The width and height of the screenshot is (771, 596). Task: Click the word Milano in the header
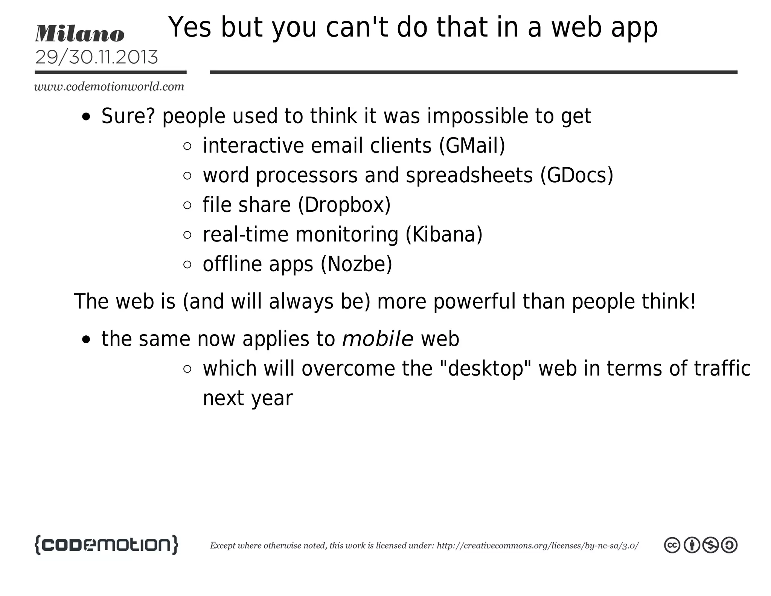coord(79,34)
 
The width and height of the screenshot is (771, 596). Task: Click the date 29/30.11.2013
coord(96,57)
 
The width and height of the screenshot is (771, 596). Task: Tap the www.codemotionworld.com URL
coord(109,87)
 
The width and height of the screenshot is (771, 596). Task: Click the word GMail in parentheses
coord(472,146)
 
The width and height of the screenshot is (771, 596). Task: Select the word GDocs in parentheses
coord(576,176)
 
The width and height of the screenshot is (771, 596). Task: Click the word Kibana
coord(444,235)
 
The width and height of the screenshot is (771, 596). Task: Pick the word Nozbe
coord(356,264)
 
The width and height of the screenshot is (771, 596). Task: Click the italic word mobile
coord(378,339)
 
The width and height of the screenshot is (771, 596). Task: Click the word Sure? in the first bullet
coord(128,116)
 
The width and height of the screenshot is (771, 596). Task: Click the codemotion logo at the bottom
coord(106,545)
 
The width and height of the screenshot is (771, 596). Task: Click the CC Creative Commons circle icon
coord(672,545)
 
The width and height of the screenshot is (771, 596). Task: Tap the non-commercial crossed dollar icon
coord(710,545)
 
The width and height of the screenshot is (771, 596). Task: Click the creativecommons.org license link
coord(537,546)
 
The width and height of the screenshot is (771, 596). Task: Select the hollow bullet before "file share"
coord(187,205)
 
